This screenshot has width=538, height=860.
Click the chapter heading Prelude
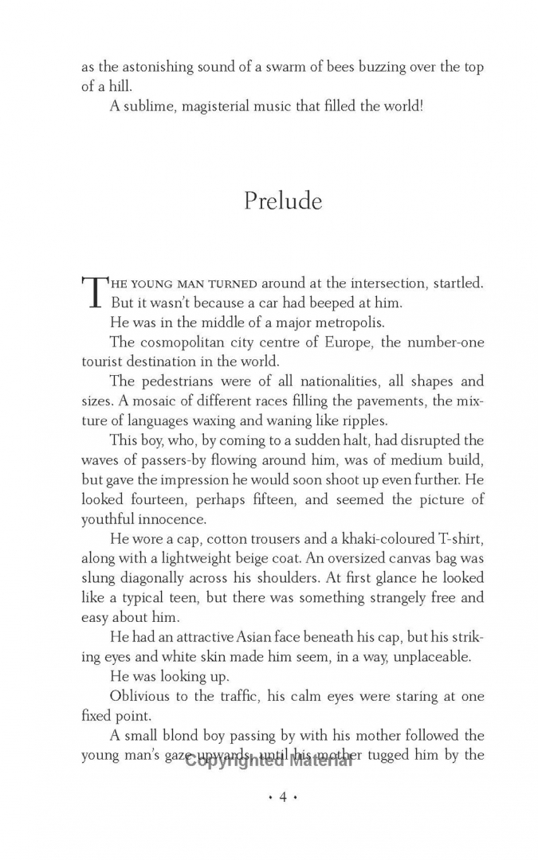coord(283,201)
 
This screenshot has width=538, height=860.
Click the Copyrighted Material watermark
coord(269,760)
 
